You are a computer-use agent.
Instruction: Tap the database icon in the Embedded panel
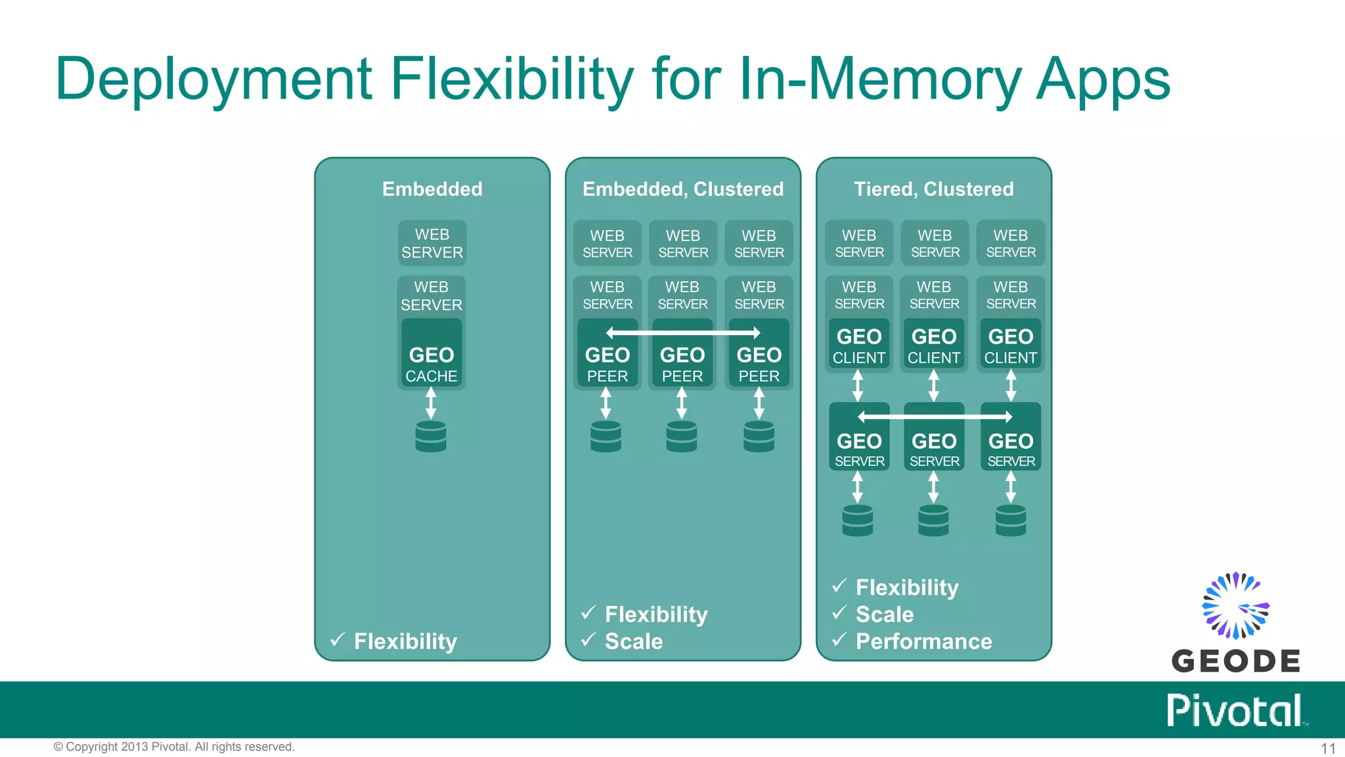tap(431, 436)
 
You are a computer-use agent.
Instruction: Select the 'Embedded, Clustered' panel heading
tap(682, 189)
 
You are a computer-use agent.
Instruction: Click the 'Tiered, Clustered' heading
tap(933, 189)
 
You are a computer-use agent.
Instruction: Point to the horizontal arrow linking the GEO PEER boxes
tap(682, 333)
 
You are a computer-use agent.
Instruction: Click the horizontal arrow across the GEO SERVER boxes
tap(934, 417)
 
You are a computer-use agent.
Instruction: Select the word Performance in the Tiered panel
tap(923, 641)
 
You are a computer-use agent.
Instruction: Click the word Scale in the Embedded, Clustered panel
tap(633, 641)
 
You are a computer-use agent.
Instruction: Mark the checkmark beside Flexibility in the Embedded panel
tap(338, 639)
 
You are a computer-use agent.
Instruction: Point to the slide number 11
tap(1328, 748)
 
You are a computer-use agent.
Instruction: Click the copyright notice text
tap(174, 747)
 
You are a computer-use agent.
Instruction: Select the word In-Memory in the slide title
tap(879, 79)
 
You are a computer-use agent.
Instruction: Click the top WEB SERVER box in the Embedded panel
tap(432, 243)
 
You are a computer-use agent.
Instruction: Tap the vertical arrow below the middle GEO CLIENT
tap(933, 386)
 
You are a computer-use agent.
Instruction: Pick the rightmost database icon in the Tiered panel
tap(1011, 520)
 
